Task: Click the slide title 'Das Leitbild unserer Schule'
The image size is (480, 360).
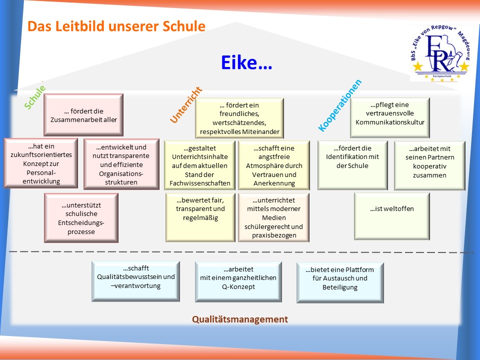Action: click(116, 26)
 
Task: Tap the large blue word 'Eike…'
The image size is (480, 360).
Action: click(246, 63)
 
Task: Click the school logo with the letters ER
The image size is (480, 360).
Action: click(439, 53)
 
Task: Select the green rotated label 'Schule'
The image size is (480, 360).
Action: click(35, 97)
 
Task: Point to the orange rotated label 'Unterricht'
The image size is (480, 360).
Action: click(186, 105)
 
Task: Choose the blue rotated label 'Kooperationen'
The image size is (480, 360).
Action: click(340, 105)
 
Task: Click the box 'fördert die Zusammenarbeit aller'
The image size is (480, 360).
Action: click(83, 115)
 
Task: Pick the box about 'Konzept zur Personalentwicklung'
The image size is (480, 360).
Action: click(41, 163)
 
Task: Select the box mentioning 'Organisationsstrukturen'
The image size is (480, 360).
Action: click(121, 164)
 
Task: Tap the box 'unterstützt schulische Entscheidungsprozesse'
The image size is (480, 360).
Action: click(81, 218)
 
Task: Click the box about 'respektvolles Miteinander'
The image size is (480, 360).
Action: click(239, 118)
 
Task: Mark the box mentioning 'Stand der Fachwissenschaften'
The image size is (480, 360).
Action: click(200, 165)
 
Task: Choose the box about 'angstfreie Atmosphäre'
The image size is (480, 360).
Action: click(274, 165)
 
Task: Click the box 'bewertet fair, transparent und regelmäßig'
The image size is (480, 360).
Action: click(200, 217)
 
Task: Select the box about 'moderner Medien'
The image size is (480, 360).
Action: click(273, 217)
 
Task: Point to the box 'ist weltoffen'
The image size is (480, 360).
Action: click(392, 216)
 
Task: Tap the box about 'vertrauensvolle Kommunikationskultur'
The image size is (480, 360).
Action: click(390, 117)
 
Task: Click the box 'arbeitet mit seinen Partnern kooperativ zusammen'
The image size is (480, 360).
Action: click(430, 165)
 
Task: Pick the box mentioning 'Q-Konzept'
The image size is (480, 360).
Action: click(238, 282)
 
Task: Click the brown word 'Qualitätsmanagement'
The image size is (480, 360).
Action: click(240, 319)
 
